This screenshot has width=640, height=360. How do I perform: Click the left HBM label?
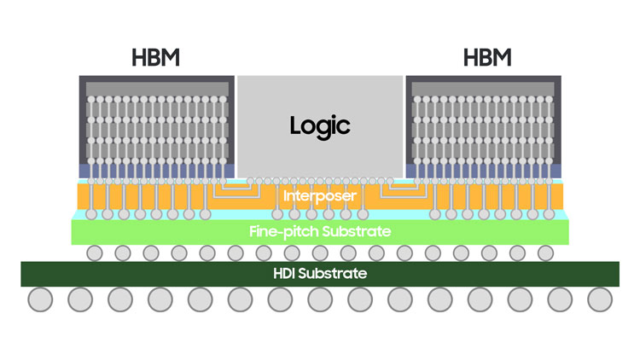pos(157,59)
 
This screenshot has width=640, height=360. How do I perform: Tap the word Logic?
pos(320,125)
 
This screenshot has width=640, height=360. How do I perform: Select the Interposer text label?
pos(320,196)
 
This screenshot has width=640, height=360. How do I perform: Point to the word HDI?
pos(285,274)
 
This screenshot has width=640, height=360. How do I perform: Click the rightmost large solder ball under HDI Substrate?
pos(600,300)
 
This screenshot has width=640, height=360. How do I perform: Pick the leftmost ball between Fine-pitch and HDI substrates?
pos(95,253)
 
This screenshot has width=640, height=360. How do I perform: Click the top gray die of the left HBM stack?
pos(157,87)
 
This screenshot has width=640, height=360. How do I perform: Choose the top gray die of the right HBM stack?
pos(483,87)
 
